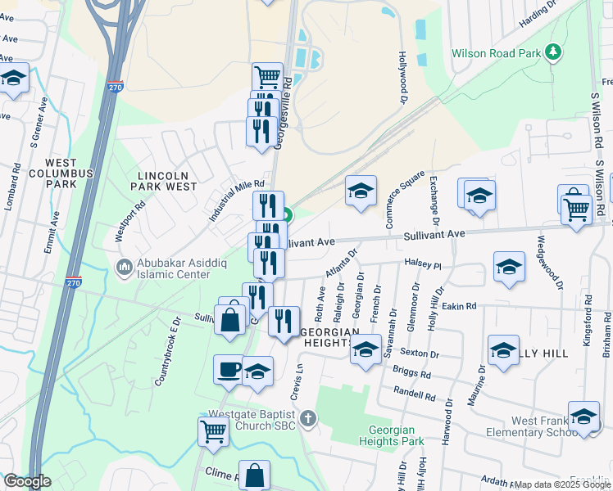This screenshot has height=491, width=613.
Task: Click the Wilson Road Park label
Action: (497, 54)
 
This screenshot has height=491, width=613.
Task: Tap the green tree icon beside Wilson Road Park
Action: (554, 53)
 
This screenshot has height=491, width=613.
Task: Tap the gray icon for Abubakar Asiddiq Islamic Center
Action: (124, 267)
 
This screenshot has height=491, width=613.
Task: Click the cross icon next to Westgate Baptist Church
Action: (307, 420)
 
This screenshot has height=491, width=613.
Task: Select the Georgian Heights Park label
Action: (392, 435)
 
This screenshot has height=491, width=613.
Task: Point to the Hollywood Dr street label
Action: (402, 78)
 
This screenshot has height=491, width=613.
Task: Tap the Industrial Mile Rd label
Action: (237, 201)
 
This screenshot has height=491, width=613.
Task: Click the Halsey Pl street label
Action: (422, 265)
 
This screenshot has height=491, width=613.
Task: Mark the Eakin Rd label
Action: (458, 306)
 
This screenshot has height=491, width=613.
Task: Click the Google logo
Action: (27, 481)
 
